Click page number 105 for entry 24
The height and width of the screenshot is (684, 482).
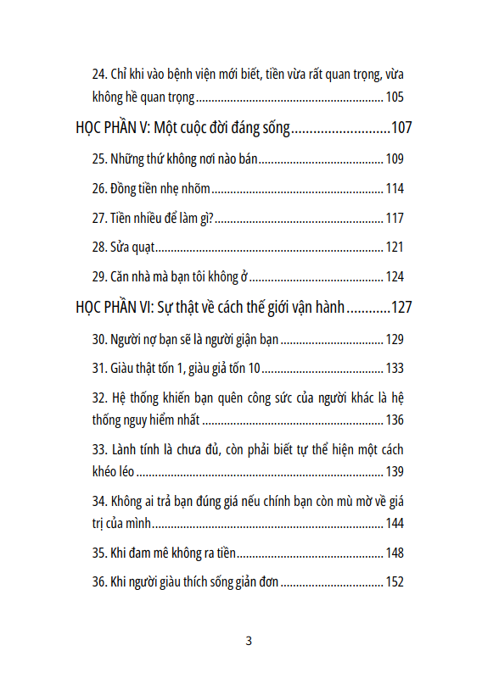pos(394,97)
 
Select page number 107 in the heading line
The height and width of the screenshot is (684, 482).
pos(401,129)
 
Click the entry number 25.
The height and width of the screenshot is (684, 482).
pos(99,159)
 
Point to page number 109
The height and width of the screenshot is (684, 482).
pos(394,159)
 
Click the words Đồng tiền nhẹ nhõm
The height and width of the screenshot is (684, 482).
pos(160,189)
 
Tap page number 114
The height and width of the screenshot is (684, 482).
pos(394,189)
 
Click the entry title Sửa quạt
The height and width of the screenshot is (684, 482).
pos(132,247)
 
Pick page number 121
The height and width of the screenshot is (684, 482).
pos(394,247)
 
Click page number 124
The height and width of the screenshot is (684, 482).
pos(394,277)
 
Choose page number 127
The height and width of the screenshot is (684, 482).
pos(401,307)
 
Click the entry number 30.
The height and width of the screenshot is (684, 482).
pos(99,340)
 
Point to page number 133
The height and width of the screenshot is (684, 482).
pos(394,369)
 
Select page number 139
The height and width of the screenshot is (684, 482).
pos(394,471)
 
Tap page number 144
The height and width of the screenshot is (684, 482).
pos(394,523)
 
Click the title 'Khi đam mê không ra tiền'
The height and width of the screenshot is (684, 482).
pos(173,553)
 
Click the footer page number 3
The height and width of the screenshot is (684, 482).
pos(249,641)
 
